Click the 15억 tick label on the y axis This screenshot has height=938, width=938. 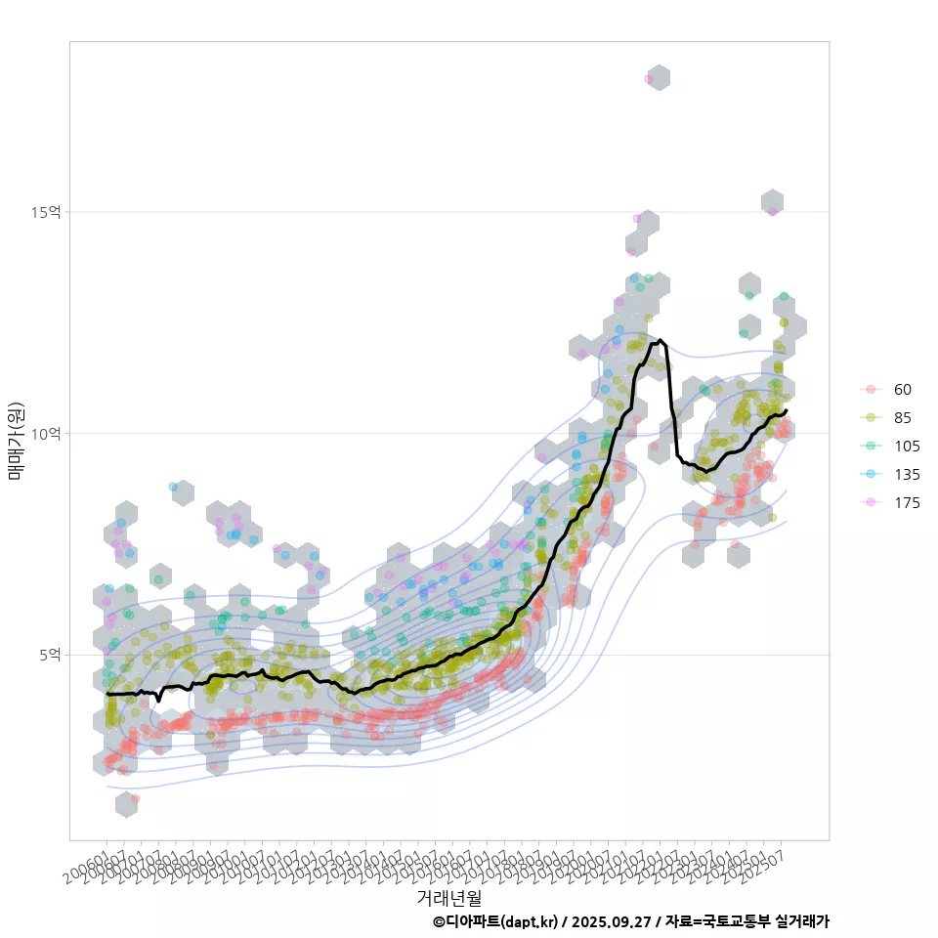point(47,212)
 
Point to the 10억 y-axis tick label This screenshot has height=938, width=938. point(47,433)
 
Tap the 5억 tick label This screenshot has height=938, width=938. point(50,654)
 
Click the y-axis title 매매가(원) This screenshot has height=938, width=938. point(16,440)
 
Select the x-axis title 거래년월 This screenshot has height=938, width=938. point(448,896)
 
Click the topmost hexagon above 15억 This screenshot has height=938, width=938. point(659,78)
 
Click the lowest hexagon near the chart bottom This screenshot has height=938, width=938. point(126,804)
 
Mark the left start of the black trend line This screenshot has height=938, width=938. point(107,693)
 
